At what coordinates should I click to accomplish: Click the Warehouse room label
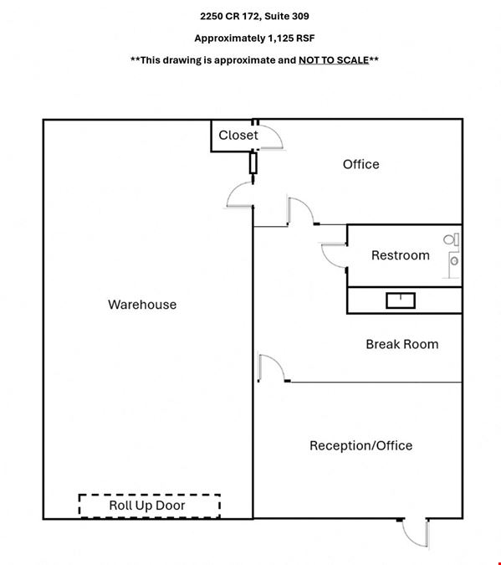[142, 305]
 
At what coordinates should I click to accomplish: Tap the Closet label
[238, 135]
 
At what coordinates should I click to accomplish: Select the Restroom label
[401, 255]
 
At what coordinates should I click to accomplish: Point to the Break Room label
[402, 344]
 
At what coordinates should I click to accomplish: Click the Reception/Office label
[360, 446]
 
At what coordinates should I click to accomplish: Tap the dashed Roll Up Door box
[150, 506]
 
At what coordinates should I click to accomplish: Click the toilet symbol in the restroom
[452, 239]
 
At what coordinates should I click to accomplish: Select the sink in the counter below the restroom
[401, 300]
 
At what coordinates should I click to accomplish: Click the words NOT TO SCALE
[334, 60]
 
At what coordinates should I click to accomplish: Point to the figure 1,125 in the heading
[280, 39]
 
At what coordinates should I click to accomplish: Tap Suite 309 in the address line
[287, 16]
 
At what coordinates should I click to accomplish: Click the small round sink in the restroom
[454, 260]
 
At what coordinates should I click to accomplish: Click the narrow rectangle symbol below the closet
[253, 163]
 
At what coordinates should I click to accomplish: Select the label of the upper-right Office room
[360, 164]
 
